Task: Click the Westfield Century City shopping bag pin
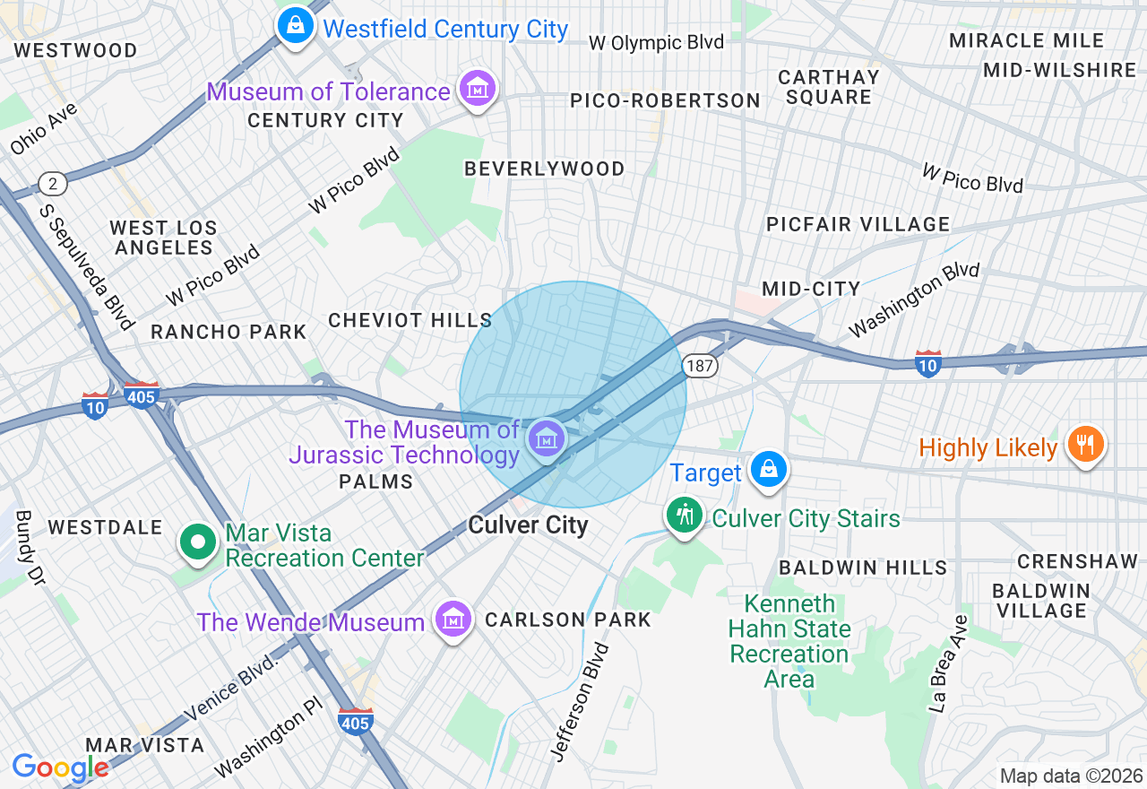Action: coord(295,26)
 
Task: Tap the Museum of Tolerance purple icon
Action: coord(477,89)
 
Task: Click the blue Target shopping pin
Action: coord(768,469)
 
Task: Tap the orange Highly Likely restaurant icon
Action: coord(1085,444)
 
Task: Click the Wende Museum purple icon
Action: coord(453,620)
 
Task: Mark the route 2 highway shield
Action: coord(54,185)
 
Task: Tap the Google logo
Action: coord(60,767)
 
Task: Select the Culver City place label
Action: coord(528,525)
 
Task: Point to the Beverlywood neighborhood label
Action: coord(544,169)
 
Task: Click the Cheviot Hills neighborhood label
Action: coord(410,320)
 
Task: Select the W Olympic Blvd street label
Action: coord(656,42)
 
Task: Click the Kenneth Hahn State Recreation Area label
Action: coord(789,641)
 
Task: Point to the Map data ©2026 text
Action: coord(1071,776)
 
